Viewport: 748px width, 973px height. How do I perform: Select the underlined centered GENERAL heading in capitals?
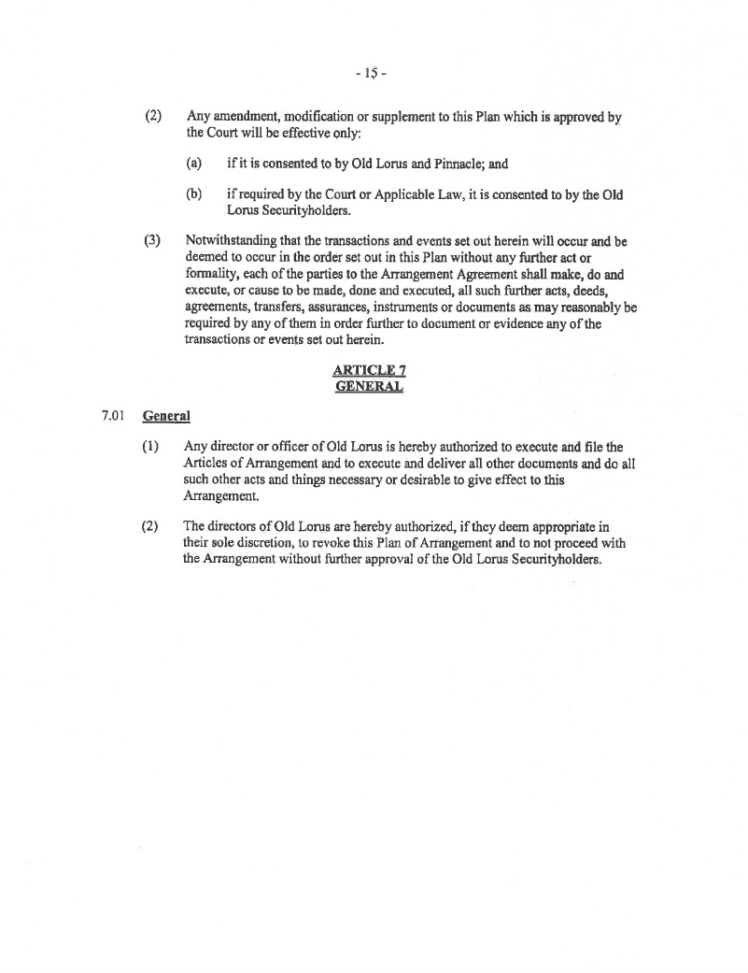[369, 386]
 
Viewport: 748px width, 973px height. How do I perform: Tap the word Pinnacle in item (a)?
[453, 164]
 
